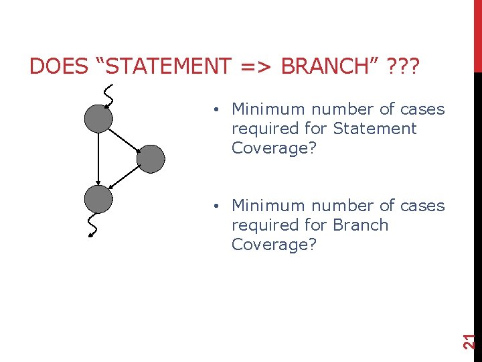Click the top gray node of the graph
(98, 119)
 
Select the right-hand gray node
(151, 159)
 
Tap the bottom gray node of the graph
(98, 198)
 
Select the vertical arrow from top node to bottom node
(98, 159)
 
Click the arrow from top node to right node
(125, 139)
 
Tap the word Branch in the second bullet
(361, 225)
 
